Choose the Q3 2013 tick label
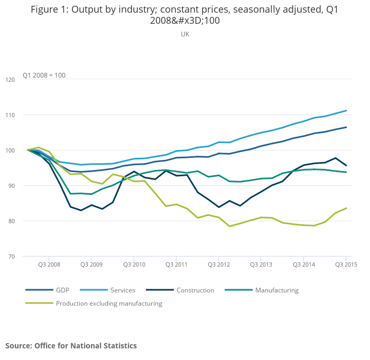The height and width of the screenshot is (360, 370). tap(261, 264)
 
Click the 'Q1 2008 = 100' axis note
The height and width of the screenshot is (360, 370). tap(44, 75)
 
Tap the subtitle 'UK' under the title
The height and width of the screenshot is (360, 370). tap(185, 34)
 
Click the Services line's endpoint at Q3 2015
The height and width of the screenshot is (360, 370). tap(346, 110)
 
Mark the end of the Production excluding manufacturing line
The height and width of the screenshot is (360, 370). tap(346, 208)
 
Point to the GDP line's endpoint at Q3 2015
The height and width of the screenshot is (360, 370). tap(346, 127)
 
